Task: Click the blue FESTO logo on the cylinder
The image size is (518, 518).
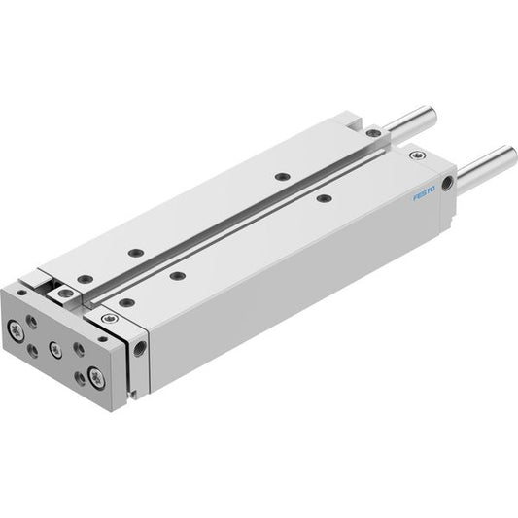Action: [x=424, y=193]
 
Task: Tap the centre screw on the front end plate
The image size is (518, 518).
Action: [x=55, y=350]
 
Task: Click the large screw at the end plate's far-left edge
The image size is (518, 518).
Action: [x=16, y=330]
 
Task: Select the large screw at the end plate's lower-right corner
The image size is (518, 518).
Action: [x=97, y=377]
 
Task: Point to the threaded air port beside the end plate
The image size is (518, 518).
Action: [x=140, y=349]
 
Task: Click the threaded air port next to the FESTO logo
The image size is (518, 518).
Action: [x=448, y=183]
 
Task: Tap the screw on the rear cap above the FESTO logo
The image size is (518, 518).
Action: [x=417, y=155]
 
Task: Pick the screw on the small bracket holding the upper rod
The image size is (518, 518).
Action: [x=373, y=132]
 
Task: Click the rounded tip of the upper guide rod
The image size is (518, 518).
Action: [x=432, y=114]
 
